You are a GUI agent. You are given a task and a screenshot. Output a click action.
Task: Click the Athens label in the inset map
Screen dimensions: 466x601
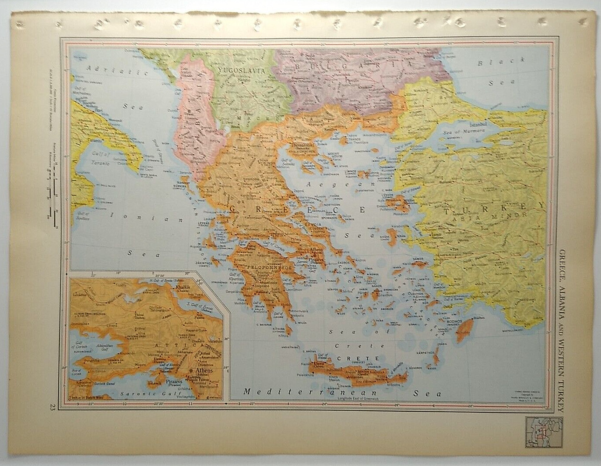204,370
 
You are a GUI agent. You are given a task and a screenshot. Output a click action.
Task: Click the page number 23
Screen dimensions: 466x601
53,406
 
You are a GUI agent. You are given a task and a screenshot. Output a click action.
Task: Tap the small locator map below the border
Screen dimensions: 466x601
544,432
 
